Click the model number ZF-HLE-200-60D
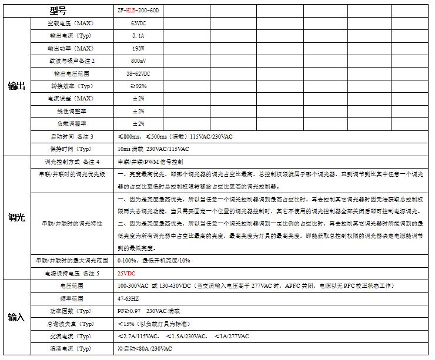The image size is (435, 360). [139, 11]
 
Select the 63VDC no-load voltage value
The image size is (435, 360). [139, 23]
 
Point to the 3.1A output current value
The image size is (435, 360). [139, 36]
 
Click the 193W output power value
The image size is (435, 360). [139, 49]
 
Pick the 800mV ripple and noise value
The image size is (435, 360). [139, 61]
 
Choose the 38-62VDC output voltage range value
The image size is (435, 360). [139, 74]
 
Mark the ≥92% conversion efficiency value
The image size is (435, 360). [139, 86]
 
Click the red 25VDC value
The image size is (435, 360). [127, 273]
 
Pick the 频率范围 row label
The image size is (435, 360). [72, 298]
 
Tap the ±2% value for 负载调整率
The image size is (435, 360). [139, 124]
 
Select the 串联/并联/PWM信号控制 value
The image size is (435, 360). [150, 162]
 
